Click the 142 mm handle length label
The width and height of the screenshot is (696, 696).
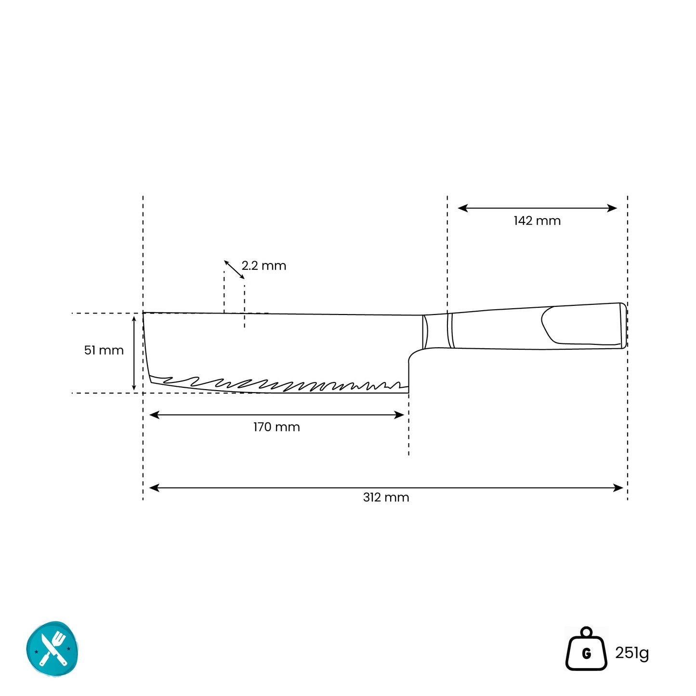pyautogui.click(x=537, y=221)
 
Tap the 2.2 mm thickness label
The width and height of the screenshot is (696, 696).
pyautogui.click(x=263, y=265)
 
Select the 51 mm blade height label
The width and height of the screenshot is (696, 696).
pyautogui.click(x=104, y=350)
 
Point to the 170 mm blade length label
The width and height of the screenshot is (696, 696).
pyautogui.click(x=276, y=427)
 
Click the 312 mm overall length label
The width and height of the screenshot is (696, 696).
pyautogui.click(x=386, y=498)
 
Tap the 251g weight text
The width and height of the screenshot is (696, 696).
pyautogui.click(x=632, y=653)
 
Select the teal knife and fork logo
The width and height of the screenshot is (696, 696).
pyautogui.click(x=53, y=649)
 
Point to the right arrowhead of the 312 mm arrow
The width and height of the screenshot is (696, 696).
pyautogui.click(x=618, y=488)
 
